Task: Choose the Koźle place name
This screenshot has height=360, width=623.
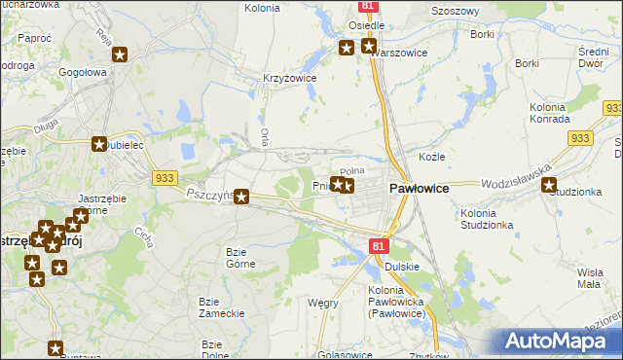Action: click(431, 157)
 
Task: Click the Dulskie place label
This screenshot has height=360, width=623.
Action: click(401, 266)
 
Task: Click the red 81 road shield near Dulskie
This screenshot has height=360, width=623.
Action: click(379, 247)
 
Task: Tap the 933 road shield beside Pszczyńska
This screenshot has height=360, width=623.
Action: click(164, 177)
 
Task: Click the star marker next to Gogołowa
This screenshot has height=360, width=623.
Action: click(119, 55)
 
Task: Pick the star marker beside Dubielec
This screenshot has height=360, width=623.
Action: click(99, 144)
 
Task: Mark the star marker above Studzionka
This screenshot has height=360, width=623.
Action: click(549, 185)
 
